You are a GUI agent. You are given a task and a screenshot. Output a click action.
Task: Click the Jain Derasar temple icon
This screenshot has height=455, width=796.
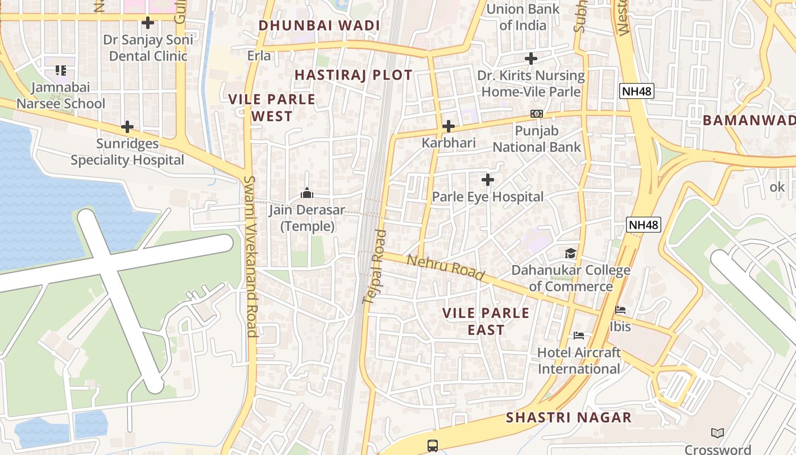tap(307, 193)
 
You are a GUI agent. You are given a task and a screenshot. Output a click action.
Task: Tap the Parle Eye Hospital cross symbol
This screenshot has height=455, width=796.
tap(487, 180)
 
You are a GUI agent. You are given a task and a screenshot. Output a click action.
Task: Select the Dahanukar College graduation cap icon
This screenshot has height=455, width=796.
tap(570, 253)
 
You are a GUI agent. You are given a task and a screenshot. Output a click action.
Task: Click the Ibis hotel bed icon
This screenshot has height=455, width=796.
tap(620, 310)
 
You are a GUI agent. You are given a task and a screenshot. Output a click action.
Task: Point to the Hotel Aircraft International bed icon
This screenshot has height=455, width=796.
tap(579, 336)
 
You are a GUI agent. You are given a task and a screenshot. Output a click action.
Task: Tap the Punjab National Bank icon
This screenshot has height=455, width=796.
tap(536, 114)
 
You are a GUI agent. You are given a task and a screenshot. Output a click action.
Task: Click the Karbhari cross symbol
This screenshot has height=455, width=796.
tap(449, 126)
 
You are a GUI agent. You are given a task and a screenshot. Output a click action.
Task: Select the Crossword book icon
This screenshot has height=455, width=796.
tap(718, 433)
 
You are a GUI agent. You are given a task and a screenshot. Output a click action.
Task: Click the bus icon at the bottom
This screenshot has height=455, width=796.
tap(433, 445)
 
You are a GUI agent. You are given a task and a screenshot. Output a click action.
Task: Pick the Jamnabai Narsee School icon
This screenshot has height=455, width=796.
tap(61, 71)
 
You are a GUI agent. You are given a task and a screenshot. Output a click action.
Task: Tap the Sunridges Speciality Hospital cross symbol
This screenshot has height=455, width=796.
tap(127, 126)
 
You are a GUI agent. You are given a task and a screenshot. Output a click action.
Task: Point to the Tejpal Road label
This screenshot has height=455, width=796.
tap(375, 266)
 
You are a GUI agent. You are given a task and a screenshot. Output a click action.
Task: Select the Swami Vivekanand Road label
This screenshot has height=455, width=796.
tap(251, 256)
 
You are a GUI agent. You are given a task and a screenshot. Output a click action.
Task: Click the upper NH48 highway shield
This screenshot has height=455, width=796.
tap(636, 91)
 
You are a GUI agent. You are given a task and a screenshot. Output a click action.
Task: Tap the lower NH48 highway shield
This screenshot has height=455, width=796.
tap(644, 225)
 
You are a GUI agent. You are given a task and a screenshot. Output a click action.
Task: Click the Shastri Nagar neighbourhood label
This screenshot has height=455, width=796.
tap(569, 417)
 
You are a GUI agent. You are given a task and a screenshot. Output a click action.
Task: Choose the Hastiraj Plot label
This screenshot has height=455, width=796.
tap(353, 75)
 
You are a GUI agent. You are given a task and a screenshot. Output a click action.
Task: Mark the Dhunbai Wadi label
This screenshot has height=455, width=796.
tap(319, 26)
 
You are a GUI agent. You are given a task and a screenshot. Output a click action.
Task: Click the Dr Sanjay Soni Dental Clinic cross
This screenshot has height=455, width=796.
tap(148, 23)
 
